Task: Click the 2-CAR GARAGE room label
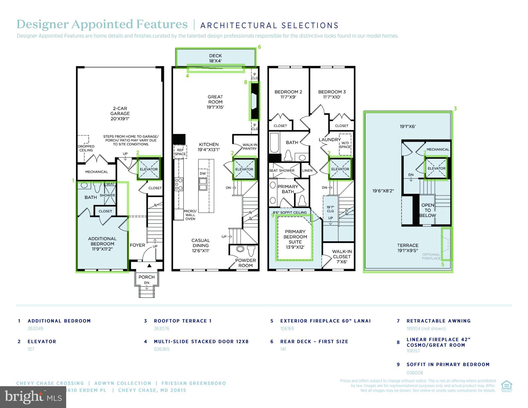click(120, 113)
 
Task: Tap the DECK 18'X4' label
click(215, 58)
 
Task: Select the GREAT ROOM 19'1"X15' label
click(215, 102)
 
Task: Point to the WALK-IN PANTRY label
click(250, 147)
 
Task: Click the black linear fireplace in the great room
click(255, 101)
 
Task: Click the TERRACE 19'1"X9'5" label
click(408, 248)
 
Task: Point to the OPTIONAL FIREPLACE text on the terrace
click(431, 256)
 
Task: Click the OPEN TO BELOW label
click(428, 210)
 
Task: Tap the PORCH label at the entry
click(146, 277)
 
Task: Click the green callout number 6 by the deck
click(259, 47)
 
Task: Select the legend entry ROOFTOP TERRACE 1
click(183, 321)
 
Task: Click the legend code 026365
click(162, 349)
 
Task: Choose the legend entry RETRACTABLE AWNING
click(438, 321)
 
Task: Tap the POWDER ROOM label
click(245, 263)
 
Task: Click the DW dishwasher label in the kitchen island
click(203, 174)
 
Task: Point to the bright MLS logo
click(33, 397)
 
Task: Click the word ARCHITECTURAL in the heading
click(238, 26)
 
